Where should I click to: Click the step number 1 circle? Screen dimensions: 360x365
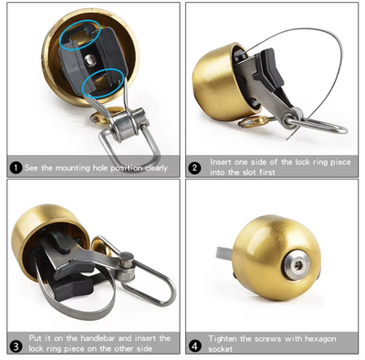pos(16,168)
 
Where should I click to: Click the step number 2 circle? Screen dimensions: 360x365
pos(194,167)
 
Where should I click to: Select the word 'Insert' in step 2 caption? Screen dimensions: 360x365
pos(223,161)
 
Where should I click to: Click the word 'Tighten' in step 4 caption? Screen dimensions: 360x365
pos(224,338)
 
